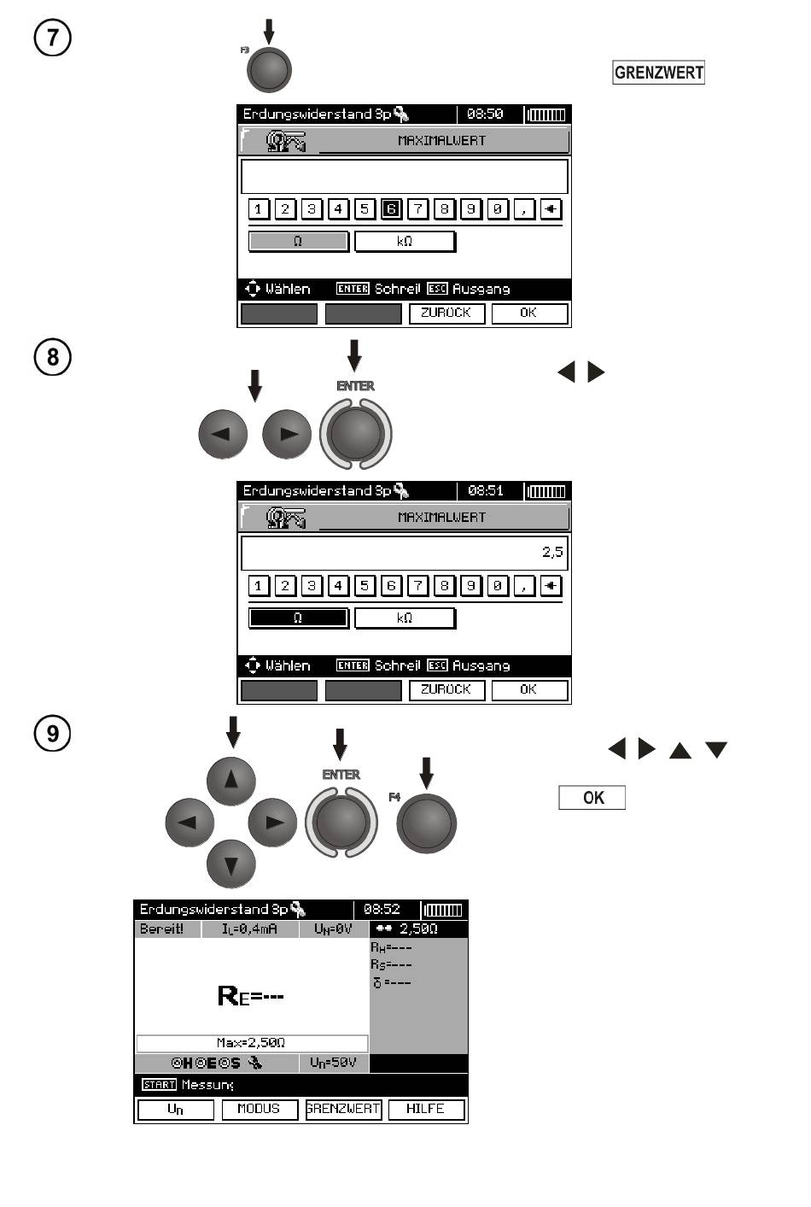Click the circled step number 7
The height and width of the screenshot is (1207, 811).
53,38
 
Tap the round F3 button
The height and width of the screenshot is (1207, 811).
269,69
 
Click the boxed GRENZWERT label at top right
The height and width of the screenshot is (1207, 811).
658,73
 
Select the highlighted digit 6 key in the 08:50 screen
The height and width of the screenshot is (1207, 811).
391,209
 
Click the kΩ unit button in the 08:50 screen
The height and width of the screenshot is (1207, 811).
405,242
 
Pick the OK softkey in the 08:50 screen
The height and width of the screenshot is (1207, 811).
529,313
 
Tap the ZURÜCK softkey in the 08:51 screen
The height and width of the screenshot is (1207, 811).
446,690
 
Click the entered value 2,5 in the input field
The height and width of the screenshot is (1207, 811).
552,553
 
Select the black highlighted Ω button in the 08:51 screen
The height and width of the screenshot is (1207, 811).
298,618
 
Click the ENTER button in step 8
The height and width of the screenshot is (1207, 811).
355,432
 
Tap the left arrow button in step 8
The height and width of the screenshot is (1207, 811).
222,433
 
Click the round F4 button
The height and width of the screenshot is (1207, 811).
426,823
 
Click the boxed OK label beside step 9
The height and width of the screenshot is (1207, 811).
592,798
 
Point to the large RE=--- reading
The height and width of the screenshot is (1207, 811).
251,995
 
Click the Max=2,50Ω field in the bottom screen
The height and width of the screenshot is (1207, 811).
252,1043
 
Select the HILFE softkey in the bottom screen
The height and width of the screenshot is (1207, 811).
426,1109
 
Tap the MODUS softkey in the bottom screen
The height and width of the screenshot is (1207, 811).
259,1109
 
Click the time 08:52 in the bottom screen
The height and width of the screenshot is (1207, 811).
382,910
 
